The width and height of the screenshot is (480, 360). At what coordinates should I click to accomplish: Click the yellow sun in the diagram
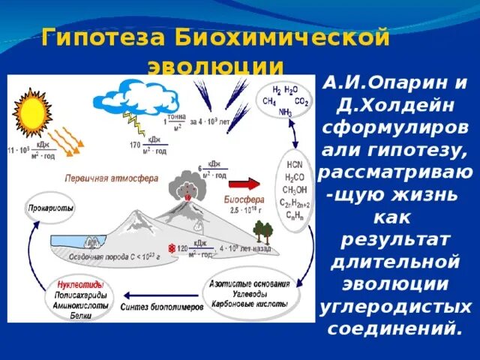click(33, 113)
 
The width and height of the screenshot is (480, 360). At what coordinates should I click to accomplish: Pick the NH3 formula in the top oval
click(285, 113)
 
